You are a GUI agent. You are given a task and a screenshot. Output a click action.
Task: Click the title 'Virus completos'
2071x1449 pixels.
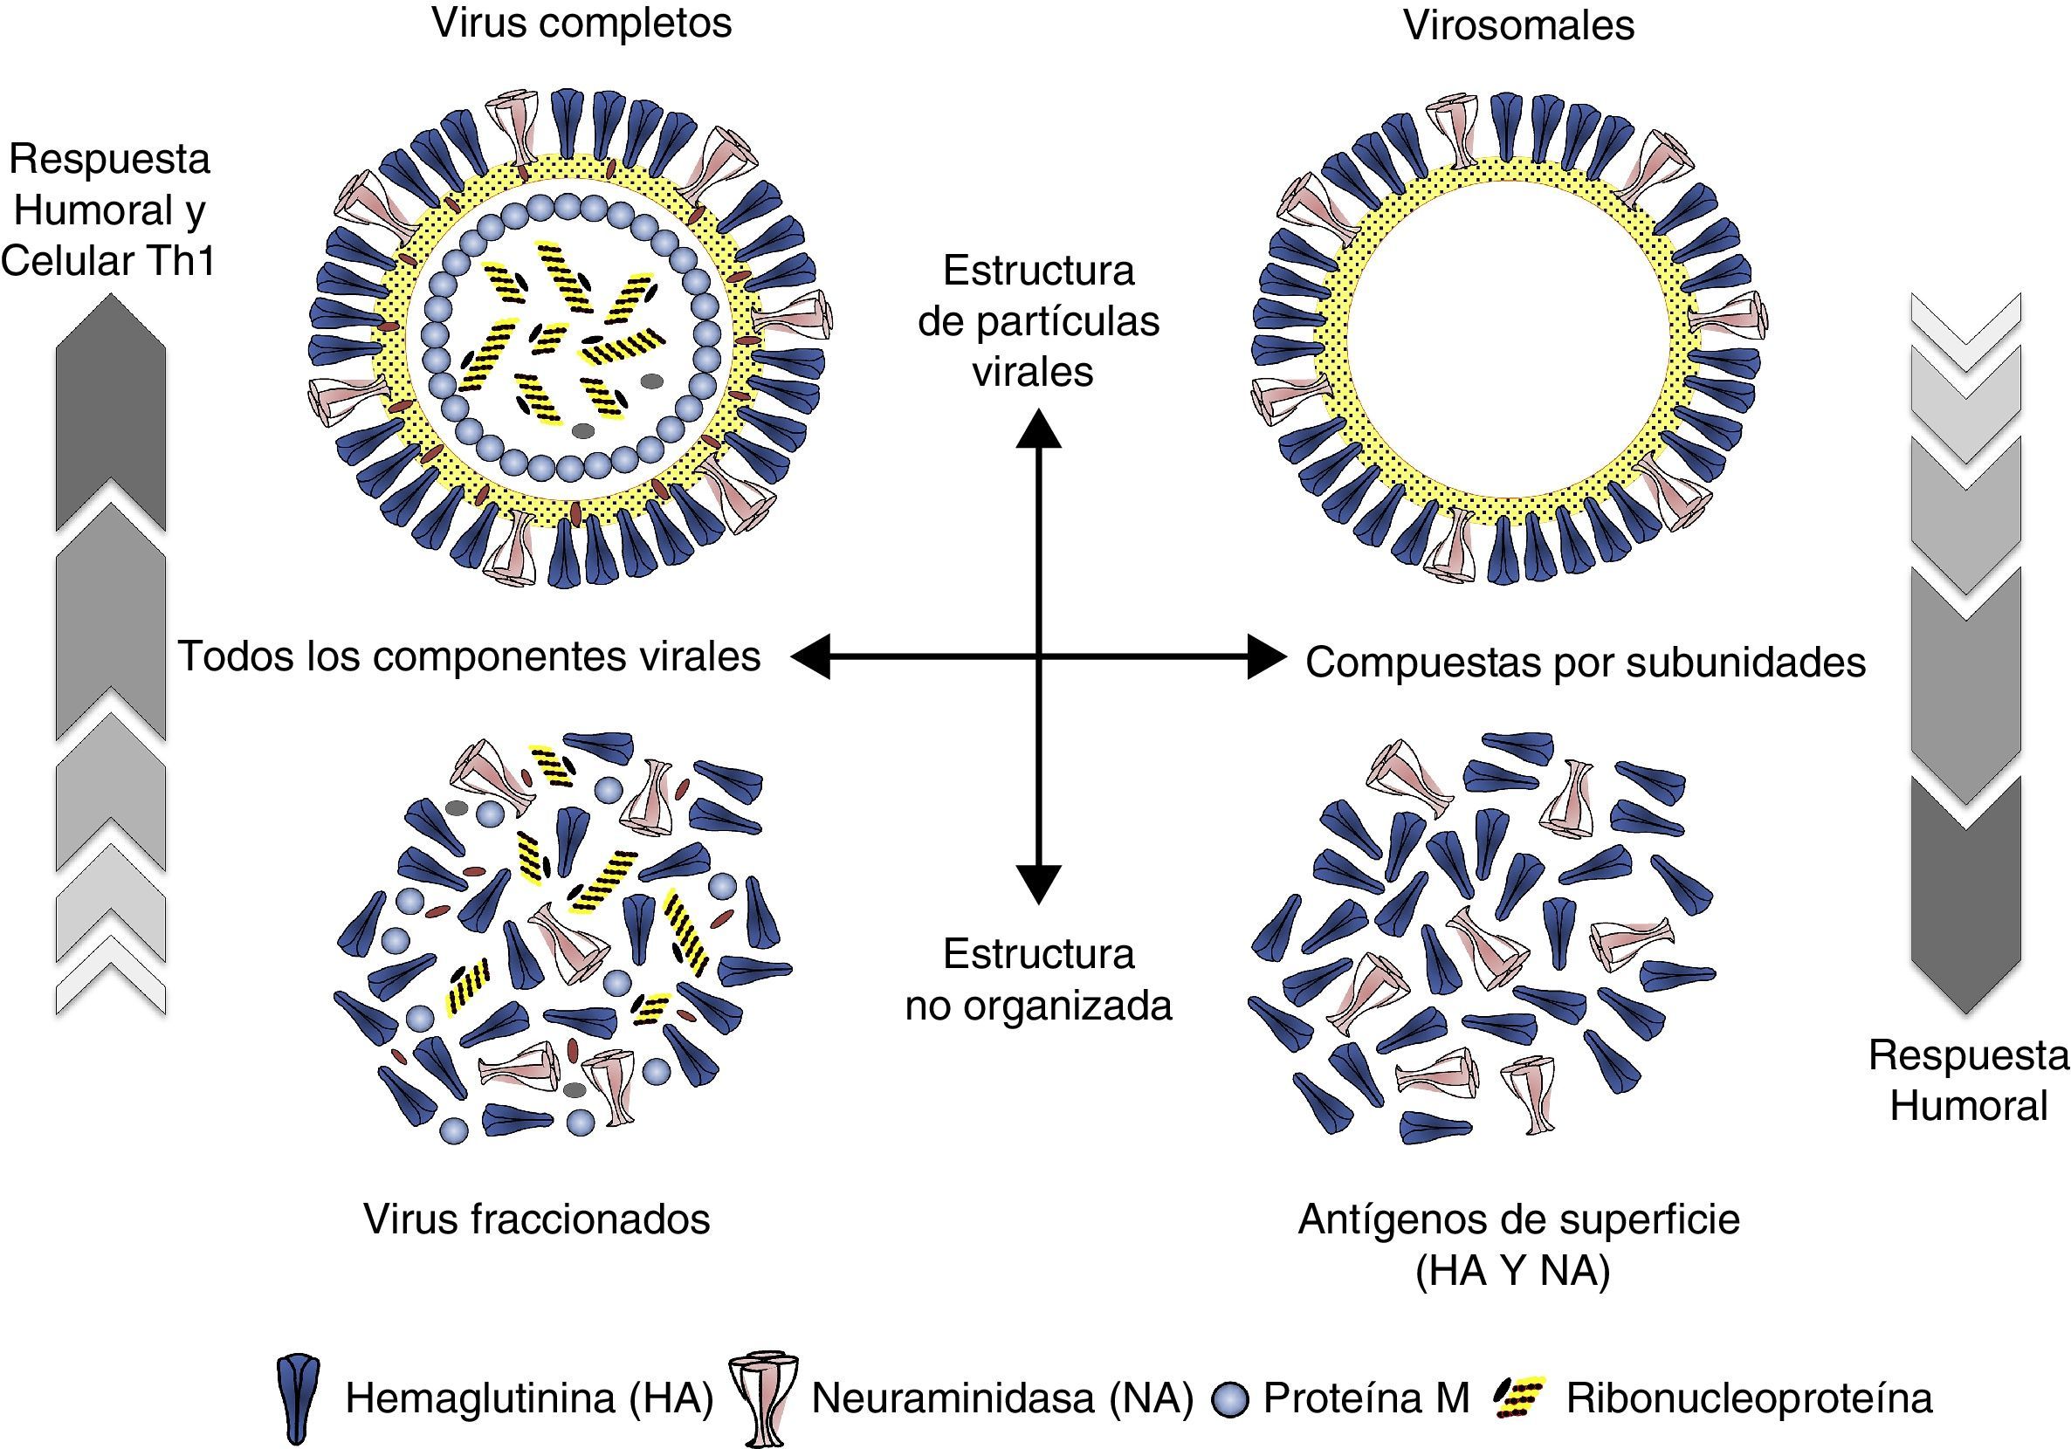pyautogui.click(x=581, y=24)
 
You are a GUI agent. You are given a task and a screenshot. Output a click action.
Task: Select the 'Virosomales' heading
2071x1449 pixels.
pyautogui.click(x=1518, y=25)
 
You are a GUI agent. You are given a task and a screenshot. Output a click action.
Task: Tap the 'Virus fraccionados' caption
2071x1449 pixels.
pyautogui.click(x=537, y=1219)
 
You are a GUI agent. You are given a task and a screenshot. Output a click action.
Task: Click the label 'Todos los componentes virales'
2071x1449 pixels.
pyautogui.click(x=469, y=656)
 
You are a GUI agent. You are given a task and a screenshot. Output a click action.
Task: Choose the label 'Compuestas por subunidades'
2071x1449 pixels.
pyautogui.click(x=1585, y=663)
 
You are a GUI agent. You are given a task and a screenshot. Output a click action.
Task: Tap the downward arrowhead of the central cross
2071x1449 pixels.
pyautogui.click(x=1038, y=883)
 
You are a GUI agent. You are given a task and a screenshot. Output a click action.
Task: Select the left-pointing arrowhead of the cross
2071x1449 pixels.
pyautogui.click(x=811, y=656)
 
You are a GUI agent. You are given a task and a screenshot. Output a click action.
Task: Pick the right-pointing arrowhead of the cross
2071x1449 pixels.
pyautogui.click(x=1265, y=656)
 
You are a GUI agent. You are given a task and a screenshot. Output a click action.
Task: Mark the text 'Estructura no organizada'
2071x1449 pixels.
pyautogui.click(x=1038, y=980)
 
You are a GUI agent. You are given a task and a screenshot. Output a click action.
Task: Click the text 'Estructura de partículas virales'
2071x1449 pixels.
pyautogui.click(x=1038, y=321)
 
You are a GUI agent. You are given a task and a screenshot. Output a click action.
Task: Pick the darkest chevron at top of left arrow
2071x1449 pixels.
pyautogui.click(x=110, y=415)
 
